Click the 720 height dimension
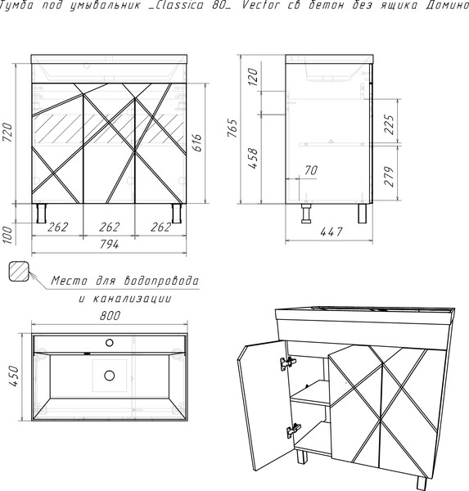click(x=8, y=132)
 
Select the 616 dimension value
click(x=197, y=142)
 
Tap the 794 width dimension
click(x=110, y=244)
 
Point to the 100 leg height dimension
click(x=7, y=235)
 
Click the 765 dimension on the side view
click(x=232, y=128)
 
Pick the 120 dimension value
click(x=253, y=77)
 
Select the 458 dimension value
click(x=253, y=158)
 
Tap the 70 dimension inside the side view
click(x=311, y=170)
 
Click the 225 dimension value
click(x=389, y=124)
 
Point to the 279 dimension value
click(x=389, y=176)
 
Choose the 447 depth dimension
click(x=331, y=232)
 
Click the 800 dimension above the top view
click(x=110, y=316)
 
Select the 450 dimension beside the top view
click(x=15, y=376)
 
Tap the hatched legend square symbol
click(x=19, y=271)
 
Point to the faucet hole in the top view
click(x=110, y=343)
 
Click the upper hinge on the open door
click(x=288, y=363)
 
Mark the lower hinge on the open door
click(x=294, y=431)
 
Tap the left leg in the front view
click(x=42, y=214)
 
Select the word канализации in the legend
click(x=133, y=299)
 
